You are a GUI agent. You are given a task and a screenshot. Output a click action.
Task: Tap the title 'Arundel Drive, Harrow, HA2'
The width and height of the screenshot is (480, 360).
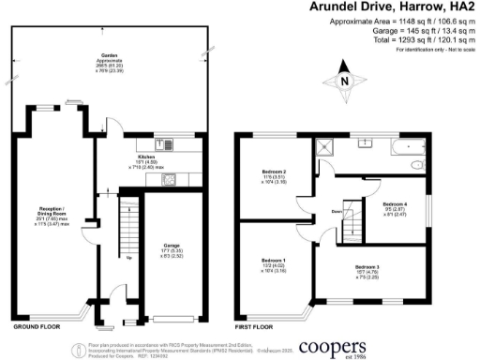point(394,7)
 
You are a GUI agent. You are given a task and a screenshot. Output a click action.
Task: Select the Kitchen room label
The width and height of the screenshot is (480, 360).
point(145,158)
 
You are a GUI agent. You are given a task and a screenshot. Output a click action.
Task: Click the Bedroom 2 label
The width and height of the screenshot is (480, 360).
point(273,172)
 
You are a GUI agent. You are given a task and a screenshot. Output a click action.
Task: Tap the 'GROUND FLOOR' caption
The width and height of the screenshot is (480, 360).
point(37,328)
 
